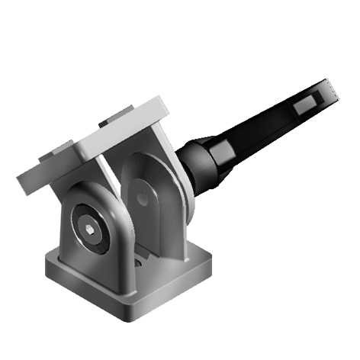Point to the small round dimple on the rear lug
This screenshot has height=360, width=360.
point(141,199)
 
